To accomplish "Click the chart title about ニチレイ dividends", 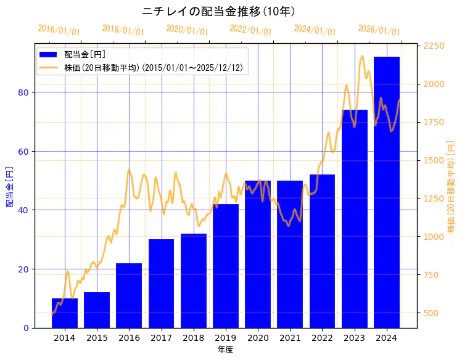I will [x=218, y=12].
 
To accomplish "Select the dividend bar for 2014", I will [x=65, y=313].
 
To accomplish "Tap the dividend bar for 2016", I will [x=129, y=296].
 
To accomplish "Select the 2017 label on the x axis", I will [x=161, y=338].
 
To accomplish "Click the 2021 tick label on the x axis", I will [x=290, y=338].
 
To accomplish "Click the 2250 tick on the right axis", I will [x=434, y=46].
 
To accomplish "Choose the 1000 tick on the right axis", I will [x=434, y=237].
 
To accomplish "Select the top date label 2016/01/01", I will [x=59, y=30].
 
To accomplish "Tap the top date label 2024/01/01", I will [x=315, y=30].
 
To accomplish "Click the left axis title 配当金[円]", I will [x=9, y=186].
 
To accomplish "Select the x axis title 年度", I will [x=225, y=350].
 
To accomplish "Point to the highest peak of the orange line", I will [x=362, y=56].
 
